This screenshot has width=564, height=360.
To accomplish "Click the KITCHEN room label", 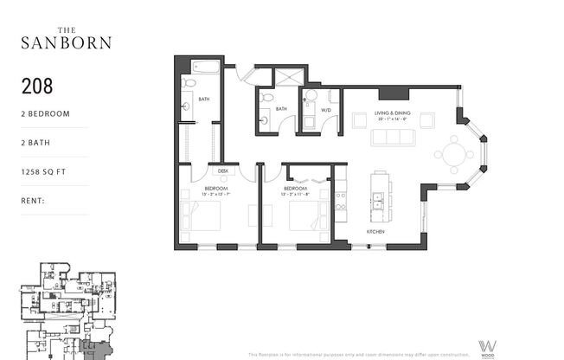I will [375, 232].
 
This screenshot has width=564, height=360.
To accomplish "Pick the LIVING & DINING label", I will [394, 113].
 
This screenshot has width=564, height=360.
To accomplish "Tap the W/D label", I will [326, 110].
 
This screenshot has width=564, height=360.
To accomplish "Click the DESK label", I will [222, 170].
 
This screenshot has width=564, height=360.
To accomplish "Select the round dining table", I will [452, 154].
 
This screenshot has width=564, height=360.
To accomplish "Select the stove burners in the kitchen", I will [341, 202].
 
